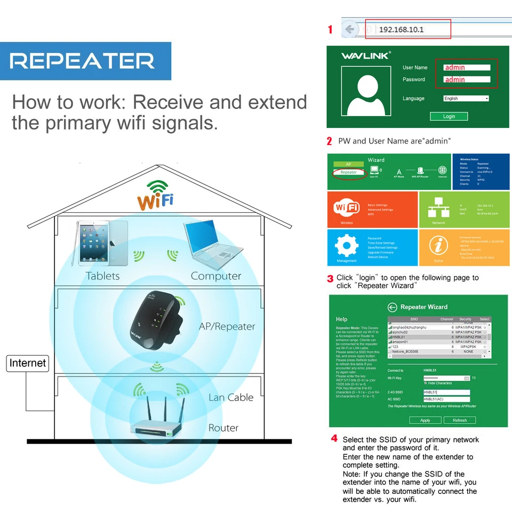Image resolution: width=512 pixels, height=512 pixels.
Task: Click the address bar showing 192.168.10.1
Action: pyautogui.click(x=407, y=29)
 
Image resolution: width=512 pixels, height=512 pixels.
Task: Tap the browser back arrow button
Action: pyautogui.click(x=349, y=29)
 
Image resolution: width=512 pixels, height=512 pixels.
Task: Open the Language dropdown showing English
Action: pyautogui.click(x=466, y=99)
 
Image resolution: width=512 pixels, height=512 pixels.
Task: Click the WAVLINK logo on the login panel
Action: pyautogui.click(x=366, y=55)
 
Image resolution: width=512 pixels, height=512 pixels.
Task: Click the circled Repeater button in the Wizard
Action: pyautogui.click(x=349, y=172)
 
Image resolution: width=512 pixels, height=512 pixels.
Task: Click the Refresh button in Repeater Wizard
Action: pyautogui.click(x=460, y=420)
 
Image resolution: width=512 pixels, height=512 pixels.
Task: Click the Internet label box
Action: pyautogui.click(x=28, y=363)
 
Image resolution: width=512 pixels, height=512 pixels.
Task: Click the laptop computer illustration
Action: pyautogui.click(x=212, y=244)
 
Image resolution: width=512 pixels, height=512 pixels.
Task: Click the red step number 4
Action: pyautogui.click(x=334, y=438)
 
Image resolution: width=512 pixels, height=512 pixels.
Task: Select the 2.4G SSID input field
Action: pyautogui.click(x=446, y=393)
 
